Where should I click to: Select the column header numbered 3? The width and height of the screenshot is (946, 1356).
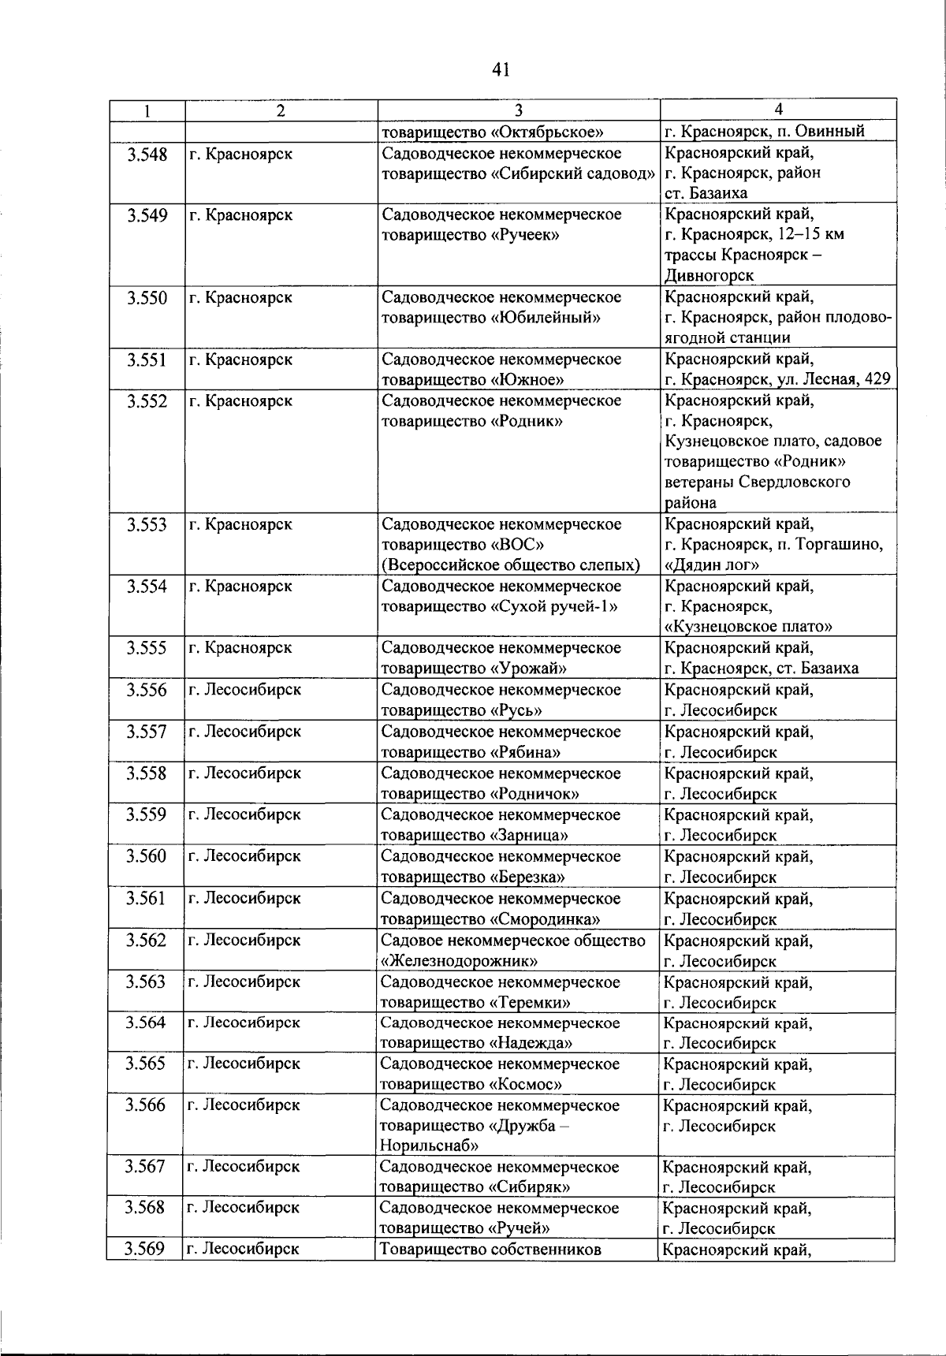coord(518,110)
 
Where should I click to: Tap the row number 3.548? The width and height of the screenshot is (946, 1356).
coord(147,155)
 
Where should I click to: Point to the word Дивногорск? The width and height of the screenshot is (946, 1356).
coord(709,275)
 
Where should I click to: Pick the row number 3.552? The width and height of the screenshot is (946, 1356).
coord(147,401)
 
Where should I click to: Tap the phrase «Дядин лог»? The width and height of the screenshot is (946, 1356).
coord(712,565)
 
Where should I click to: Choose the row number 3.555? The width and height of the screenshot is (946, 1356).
coord(147,648)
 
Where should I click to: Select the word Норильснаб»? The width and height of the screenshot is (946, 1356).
coord(429,1146)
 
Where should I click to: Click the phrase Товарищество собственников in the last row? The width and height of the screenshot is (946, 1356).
coord(490,1249)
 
